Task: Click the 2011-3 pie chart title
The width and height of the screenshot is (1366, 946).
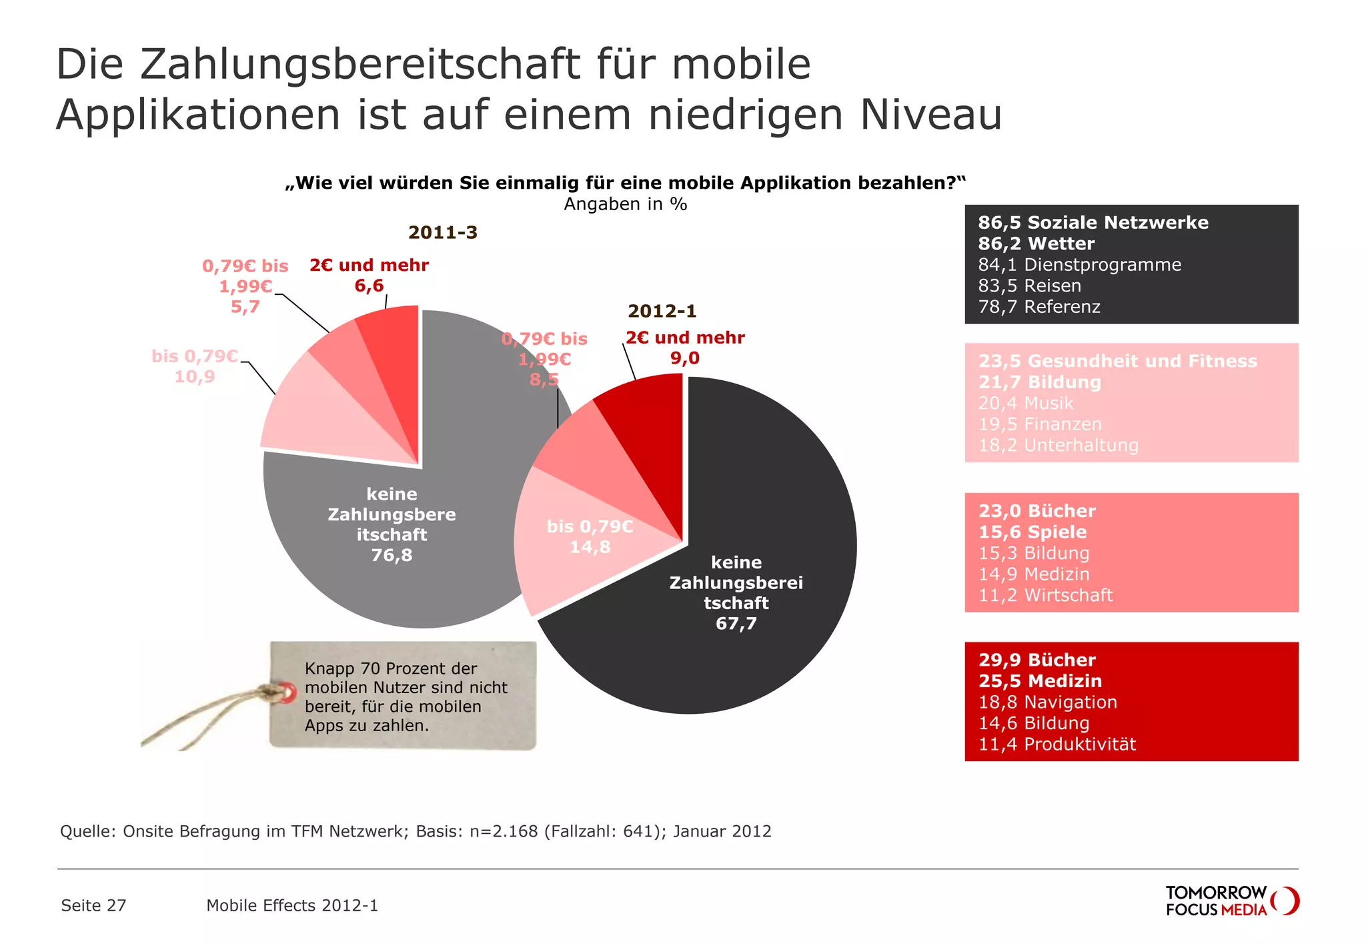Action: coord(443,233)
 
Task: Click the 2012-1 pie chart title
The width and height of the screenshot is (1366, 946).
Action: coord(662,312)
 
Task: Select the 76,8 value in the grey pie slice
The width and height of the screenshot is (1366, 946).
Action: coord(392,555)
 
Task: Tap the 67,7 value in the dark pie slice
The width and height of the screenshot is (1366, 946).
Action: coord(736,624)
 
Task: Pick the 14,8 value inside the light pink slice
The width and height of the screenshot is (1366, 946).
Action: coord(590,547)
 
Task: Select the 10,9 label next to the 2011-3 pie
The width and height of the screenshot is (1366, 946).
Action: coord(195,377)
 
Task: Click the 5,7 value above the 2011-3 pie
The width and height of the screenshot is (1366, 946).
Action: coord(245,307)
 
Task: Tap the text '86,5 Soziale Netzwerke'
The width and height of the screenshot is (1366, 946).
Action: coord(1093,223)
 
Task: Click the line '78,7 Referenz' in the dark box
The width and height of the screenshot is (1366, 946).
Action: coord(1039,307)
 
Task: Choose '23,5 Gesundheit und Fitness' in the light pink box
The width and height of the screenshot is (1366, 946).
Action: coord(1117,362)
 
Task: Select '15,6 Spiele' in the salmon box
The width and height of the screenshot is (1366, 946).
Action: coord(1032,532)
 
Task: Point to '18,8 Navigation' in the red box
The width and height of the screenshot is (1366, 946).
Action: coord(1047,702)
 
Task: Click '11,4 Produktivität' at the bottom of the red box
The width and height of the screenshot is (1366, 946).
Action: coord(1057,745)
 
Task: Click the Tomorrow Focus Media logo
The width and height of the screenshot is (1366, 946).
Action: coord(1231,901)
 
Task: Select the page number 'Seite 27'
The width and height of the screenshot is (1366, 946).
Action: coord(93,906)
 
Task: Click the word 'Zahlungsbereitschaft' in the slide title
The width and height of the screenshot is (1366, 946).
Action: coord(360,65)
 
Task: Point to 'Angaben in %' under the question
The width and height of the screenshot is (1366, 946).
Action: coord(625,204)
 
